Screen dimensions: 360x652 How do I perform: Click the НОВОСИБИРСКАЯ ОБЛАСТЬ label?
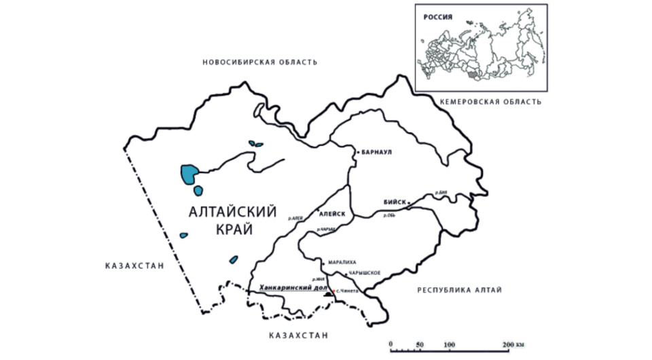[259, 62]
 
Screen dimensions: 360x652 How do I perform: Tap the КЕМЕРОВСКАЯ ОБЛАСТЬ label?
[491, 102]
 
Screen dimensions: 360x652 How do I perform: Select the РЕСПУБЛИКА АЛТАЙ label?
[459, 291]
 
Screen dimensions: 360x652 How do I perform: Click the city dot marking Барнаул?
[356, 153]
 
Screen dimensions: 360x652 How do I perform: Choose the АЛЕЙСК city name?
[332, 213]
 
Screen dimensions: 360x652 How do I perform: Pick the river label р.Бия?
[442, 192]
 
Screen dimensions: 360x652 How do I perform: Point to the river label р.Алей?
[294, 218]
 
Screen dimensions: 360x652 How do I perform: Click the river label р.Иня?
[316, 278]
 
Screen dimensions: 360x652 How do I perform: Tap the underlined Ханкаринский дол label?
[289, 288]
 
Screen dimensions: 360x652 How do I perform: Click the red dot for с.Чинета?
[333, 291]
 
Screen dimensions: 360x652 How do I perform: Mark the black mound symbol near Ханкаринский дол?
[327, 295]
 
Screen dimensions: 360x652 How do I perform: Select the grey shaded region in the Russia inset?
[471, 69]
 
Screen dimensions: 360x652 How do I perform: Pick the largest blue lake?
[189, 173]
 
